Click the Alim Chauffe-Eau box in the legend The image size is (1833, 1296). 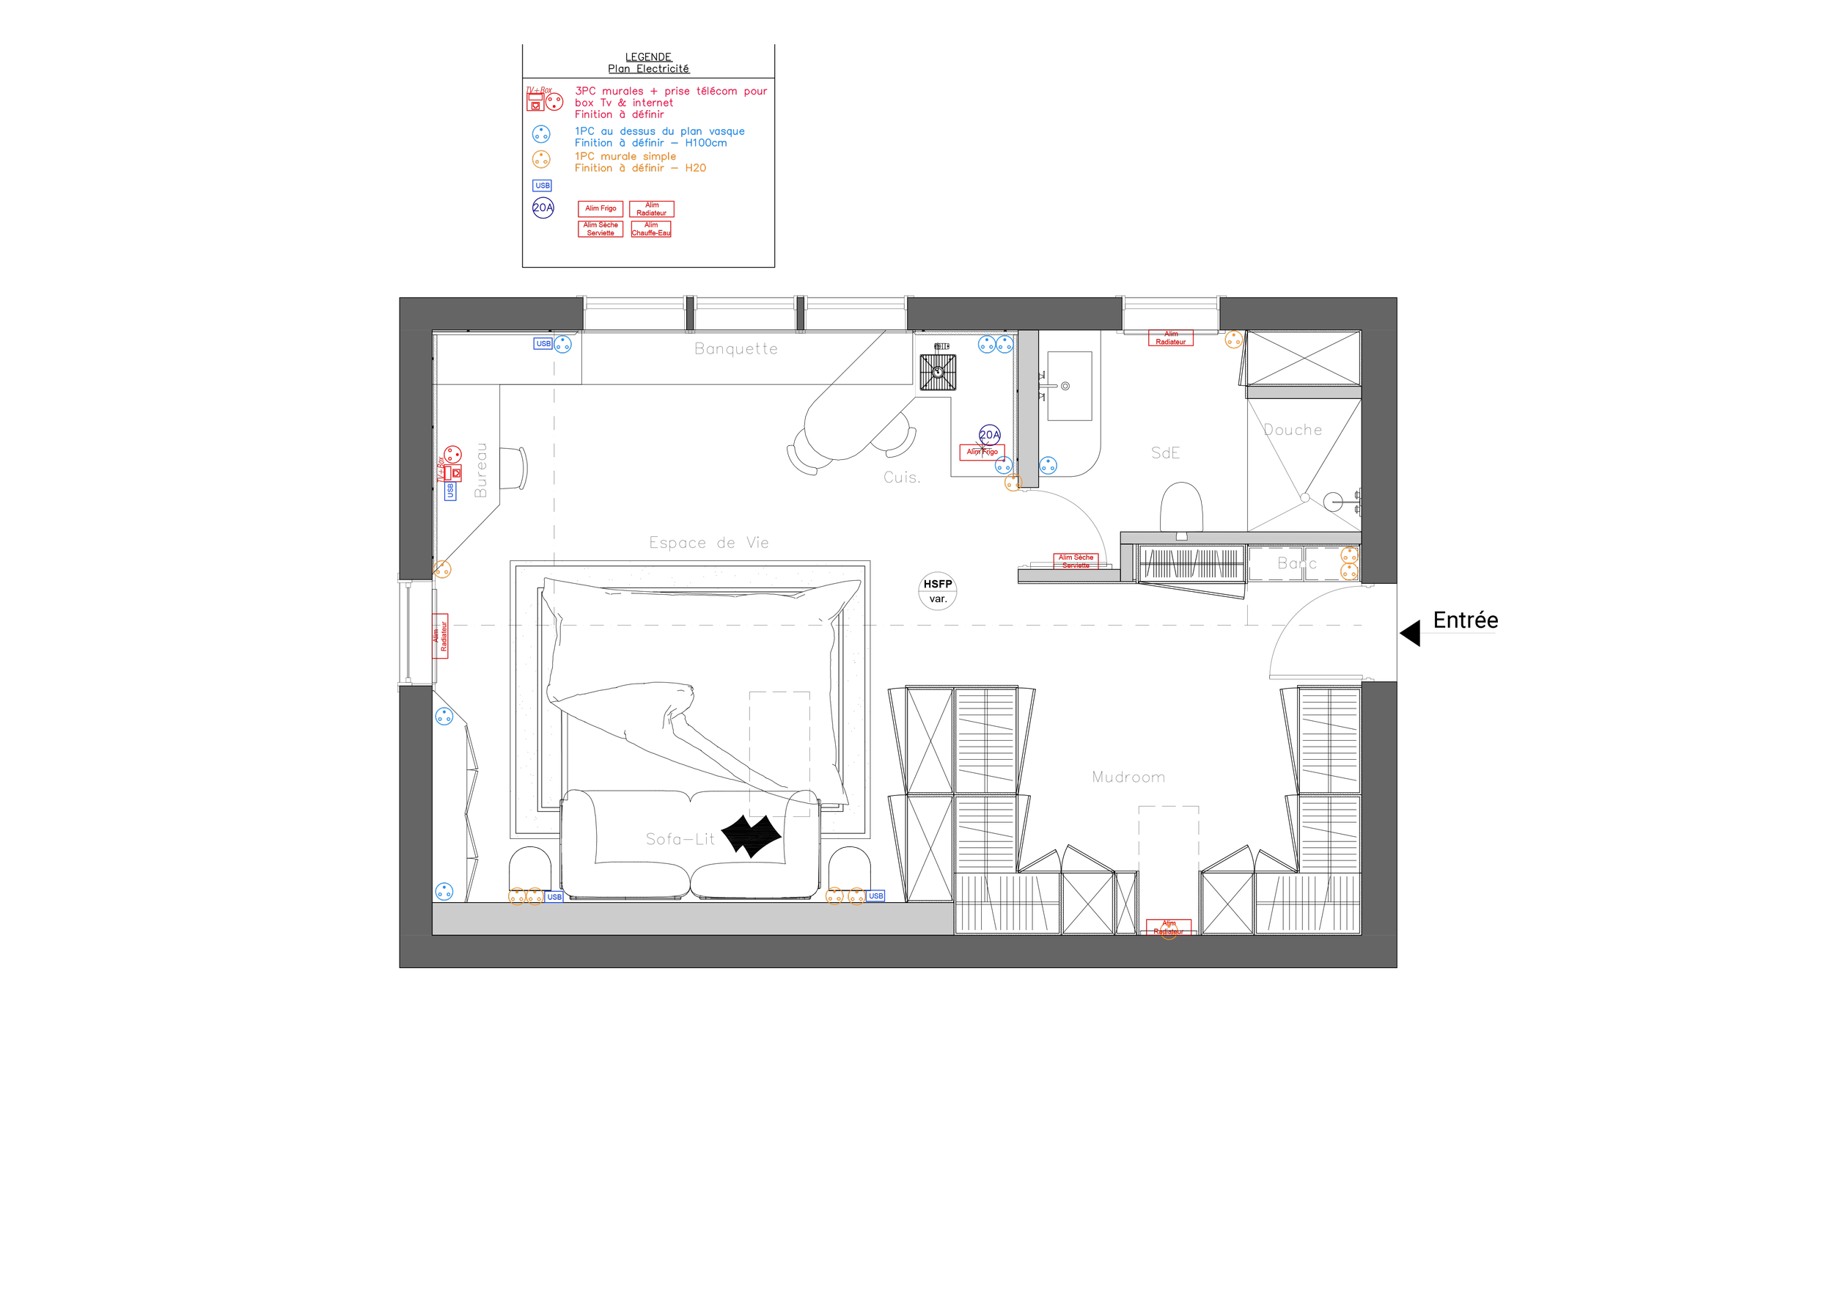click(652, 229)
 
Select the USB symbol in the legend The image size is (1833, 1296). click(542, 186)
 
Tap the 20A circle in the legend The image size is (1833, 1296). click(543, 208)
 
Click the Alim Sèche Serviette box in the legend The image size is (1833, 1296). click(600, 229)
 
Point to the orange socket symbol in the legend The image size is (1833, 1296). click(541, 160)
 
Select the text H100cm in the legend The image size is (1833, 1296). click(706, 143)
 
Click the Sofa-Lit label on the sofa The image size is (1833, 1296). click(680, 839)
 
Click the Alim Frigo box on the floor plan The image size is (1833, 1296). click(982, 452)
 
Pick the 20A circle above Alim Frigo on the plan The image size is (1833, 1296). click(989, 434)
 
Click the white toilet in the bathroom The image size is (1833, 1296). click(1180, 507)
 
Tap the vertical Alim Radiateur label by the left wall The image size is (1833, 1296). click(440, 637)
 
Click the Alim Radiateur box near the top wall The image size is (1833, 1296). click(1170, 338)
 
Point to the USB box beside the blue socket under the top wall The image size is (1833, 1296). click(543, 343)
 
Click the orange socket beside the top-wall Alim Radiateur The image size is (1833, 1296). click(1233, 340)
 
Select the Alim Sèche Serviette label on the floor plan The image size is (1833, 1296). click(1076, 560)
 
